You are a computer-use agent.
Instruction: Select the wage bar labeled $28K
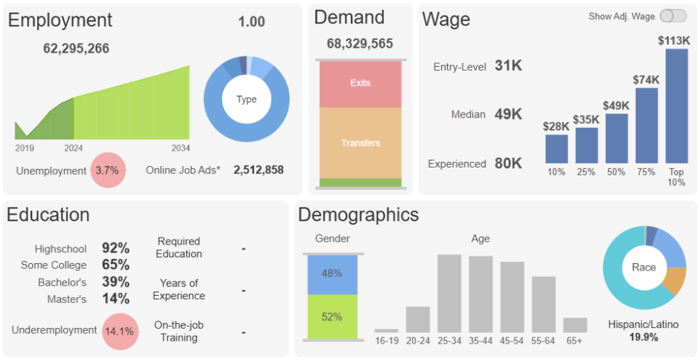click(x=556, y=149)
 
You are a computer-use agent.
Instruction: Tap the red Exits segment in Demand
click(x=360, y=83)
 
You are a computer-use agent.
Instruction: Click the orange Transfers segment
click(x=360, y=143)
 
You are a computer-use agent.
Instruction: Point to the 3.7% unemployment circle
click(x=108, y=170)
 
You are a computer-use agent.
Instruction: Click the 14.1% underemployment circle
click(x=120, y=331)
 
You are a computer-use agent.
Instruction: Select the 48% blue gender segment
click(x=332, y=274)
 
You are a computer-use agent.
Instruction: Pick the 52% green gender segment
click(x=332, y=317)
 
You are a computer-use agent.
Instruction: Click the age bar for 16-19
click(x=387, y=331)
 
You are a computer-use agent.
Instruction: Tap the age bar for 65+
click(x=575, y=325)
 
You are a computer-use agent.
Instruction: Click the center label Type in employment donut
click(x=246, y=99)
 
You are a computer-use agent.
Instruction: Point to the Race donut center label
click(x=643, y=267)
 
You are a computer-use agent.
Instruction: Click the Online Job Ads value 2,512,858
click(x=258, y=170)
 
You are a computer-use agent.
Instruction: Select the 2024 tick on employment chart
click(x=73, y=148)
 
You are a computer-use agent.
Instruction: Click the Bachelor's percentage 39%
click(x=116, y=282)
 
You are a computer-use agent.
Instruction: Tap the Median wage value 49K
click(x=508, y=114)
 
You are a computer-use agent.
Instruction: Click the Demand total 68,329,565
click(x=359, y=43)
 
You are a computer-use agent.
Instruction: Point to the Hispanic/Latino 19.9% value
click(x=643, y=337)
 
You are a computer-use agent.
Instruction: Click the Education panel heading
click(x=49, y=215)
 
